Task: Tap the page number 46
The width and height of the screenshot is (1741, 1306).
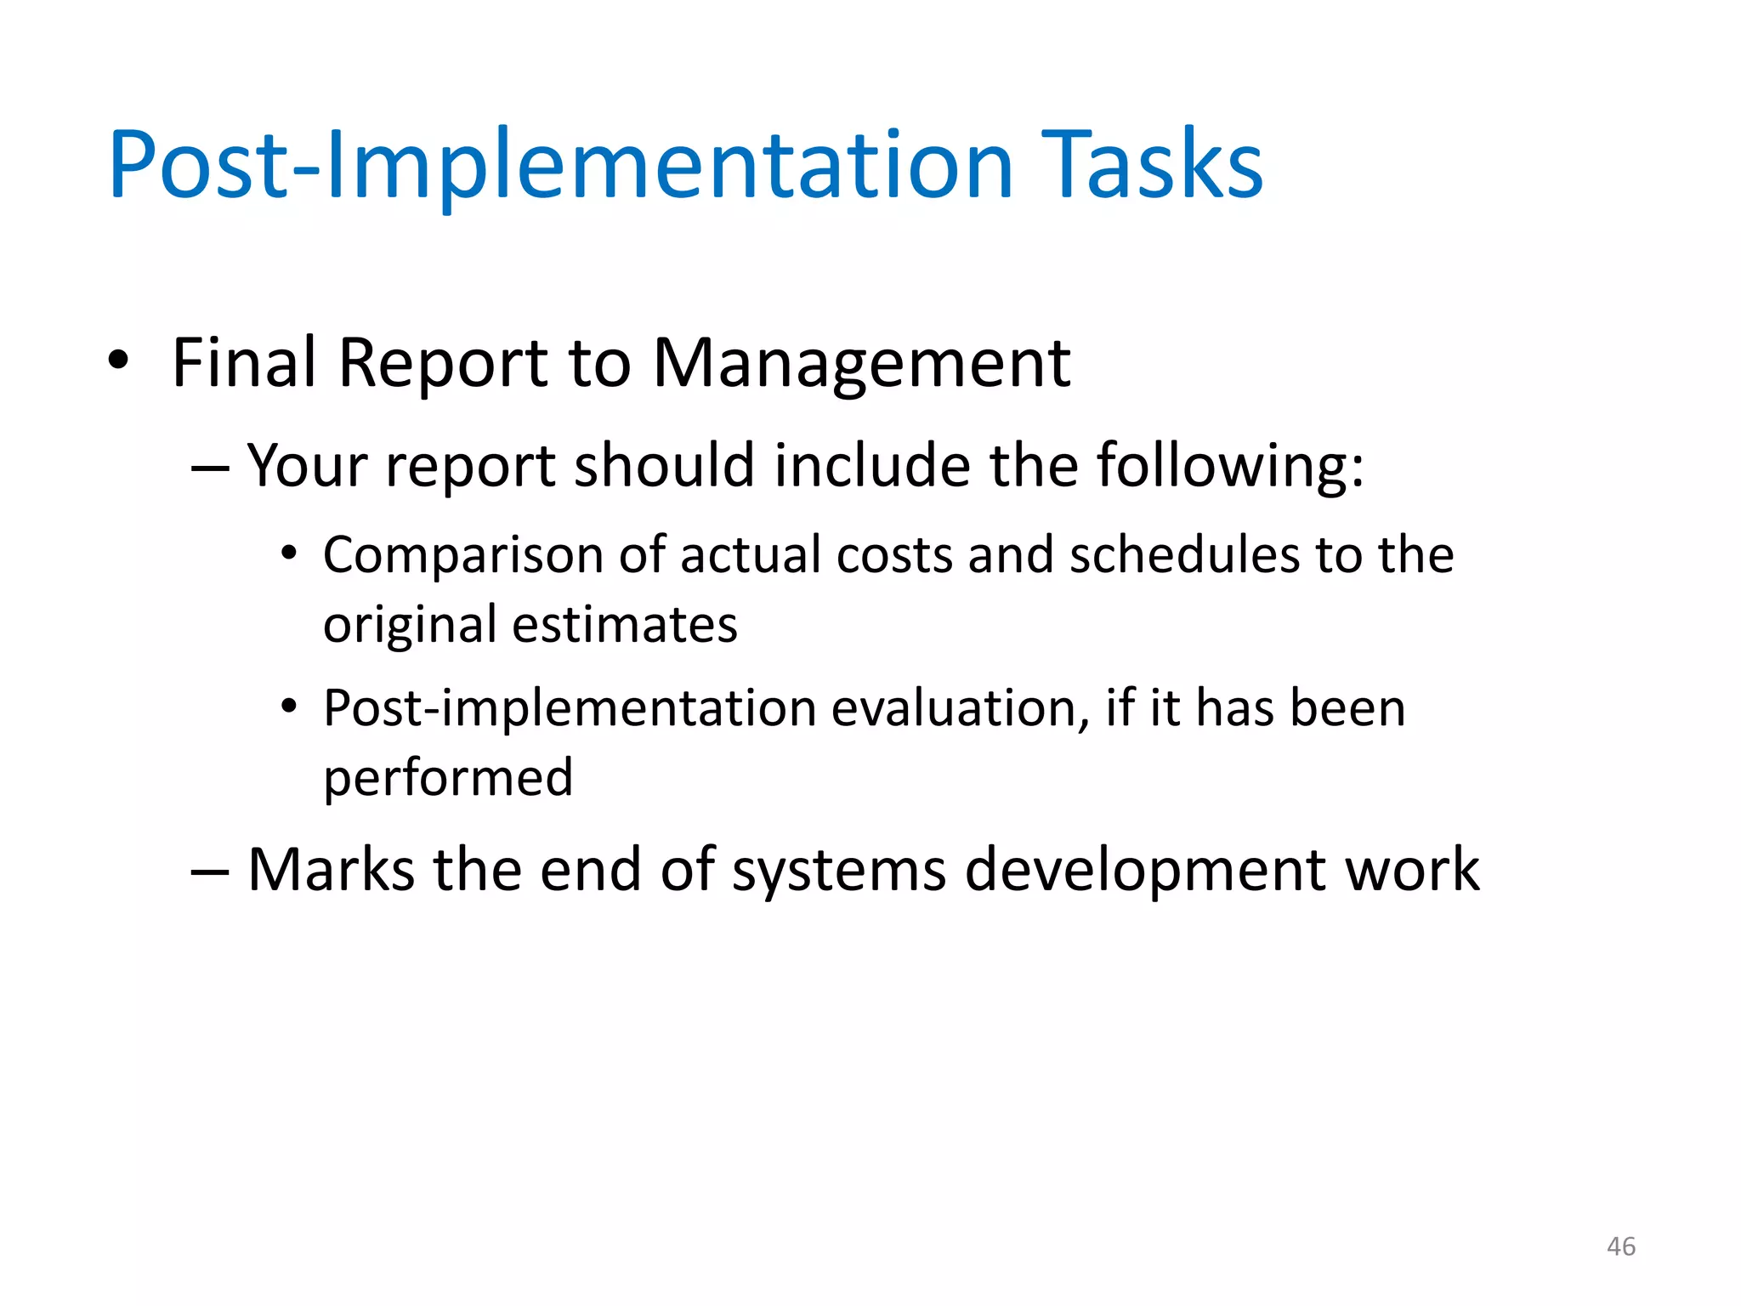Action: coord(1620,1246)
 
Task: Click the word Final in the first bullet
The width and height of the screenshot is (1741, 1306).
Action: coord(244,362)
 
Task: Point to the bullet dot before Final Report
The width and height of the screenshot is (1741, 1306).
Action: coord(118,361)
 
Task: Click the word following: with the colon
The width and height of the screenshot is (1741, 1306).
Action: coord(1229,466)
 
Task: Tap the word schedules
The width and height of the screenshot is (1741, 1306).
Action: coord(1183,555)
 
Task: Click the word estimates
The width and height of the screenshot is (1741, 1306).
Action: coord(625,625)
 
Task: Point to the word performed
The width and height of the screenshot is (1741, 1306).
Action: coord(448,778)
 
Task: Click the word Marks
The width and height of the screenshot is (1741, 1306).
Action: coord(331,870)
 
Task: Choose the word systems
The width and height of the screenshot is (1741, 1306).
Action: coord(838,872)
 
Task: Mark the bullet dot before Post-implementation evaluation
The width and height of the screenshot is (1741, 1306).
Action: coord(289,707)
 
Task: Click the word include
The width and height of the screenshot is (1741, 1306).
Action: coord(872,466)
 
